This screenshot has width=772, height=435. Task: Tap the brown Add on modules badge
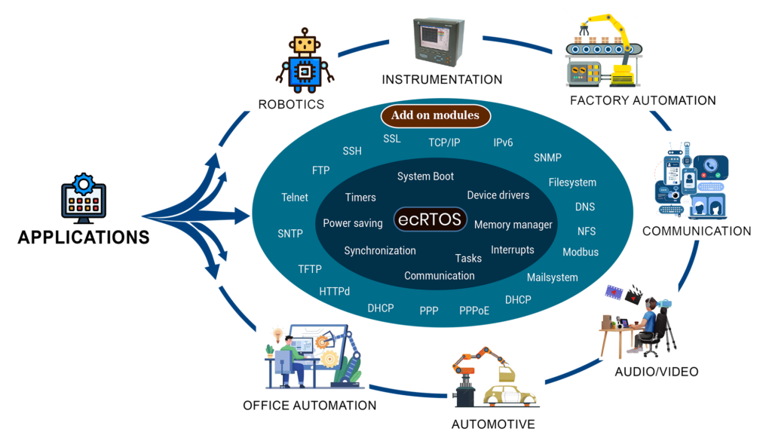tap(435, 115)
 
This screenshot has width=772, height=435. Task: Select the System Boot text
tap(425, 176)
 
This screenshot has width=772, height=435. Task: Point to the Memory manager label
tap(513, 225)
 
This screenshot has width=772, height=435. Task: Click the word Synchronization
tap(380, 250)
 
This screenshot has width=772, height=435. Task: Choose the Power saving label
tap(353, 223)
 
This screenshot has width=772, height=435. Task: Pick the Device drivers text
tap(498, 195)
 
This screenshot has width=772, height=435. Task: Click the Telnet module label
tap(294, 198)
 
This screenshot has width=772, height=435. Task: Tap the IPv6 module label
tap(503, 142)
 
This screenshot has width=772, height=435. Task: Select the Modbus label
tap(580, 252)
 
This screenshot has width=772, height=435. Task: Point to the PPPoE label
tap(474, 310)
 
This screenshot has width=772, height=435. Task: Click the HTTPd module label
tap(334, 291)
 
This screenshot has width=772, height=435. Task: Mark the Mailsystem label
tap(552, 277)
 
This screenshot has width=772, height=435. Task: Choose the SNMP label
tap(547, 158)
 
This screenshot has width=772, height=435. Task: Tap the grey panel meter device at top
tap(440, 41)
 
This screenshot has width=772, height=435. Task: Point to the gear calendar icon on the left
tap(84, 198)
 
